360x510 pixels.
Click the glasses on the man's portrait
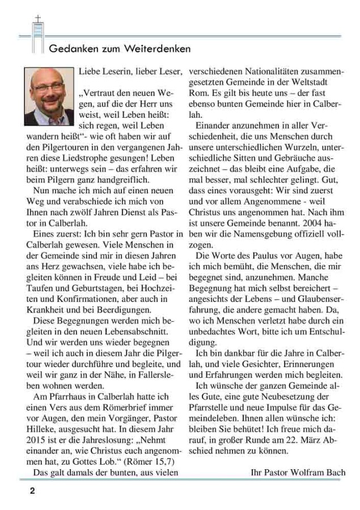pos(47,88)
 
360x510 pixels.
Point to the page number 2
pos(32,491)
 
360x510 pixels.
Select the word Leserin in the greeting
pos(118,71)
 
